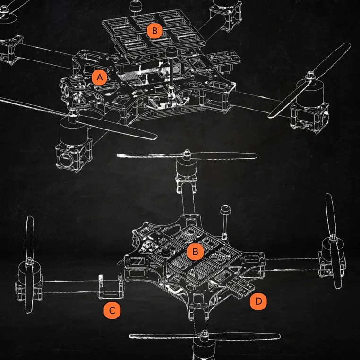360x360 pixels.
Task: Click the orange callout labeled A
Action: pyautogui.click(x=99, y=77)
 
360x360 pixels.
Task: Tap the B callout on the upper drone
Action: pyautogui.click(x=155, y=31)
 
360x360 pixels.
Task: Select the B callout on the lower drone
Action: pyautogui.click(x=195, y=252)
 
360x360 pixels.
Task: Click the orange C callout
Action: pyautogui.click(x=112, y=311)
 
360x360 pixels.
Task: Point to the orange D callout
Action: pyautogui.click(x=258, y=301)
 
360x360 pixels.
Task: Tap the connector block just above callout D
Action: pyautogui.click(x=240, y=285)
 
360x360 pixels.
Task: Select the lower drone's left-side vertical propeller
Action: pyautogui.click(x=29, y=264)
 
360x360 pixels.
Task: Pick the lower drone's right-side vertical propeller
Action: pyautogui.click(x=334, y=241)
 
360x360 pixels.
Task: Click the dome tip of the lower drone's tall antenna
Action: pyautogui.click(x=225, y=210)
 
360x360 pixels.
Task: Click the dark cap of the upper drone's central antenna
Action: pyautogui.click(x=171, y=52)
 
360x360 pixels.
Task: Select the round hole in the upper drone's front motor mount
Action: pyautogui.click(x=65, y=158)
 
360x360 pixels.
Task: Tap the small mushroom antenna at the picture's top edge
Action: pyautogui.click(x=135, y=7)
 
